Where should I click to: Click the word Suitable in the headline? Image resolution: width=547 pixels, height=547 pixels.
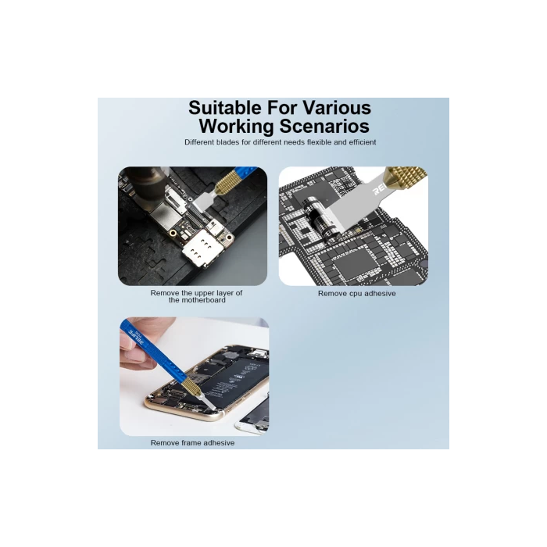(225, 108)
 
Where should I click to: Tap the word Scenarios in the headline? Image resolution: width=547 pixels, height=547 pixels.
(324, 126)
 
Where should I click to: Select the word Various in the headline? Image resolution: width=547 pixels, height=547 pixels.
(337, 108)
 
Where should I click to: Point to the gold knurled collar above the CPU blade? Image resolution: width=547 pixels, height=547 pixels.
(405, 179)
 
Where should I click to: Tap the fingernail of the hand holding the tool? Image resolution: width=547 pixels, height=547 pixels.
(135, 355)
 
